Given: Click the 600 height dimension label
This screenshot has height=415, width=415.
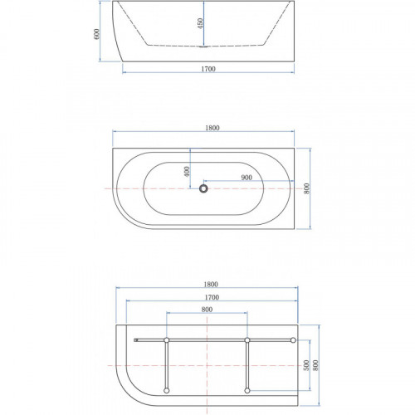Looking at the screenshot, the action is [x=96, y=34].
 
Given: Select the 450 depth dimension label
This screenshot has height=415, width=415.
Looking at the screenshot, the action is [x=200, y=23].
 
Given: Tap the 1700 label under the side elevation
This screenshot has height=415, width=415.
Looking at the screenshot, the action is [x=208, y=69].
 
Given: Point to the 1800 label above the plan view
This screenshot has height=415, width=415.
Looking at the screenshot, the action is [x=212, y=128].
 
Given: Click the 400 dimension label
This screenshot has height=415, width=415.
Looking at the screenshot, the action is [x=187, y=172].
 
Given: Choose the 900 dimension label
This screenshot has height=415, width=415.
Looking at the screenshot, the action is [x=247, y=178].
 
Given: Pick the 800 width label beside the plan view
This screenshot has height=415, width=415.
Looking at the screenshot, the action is [x=306, y=188].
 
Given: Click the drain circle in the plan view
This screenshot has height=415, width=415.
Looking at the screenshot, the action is [x=203, y=188].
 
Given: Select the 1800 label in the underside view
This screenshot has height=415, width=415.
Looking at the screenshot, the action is [x=211, y=284].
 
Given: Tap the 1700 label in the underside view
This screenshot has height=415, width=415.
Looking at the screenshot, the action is [x=212, y=297].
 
